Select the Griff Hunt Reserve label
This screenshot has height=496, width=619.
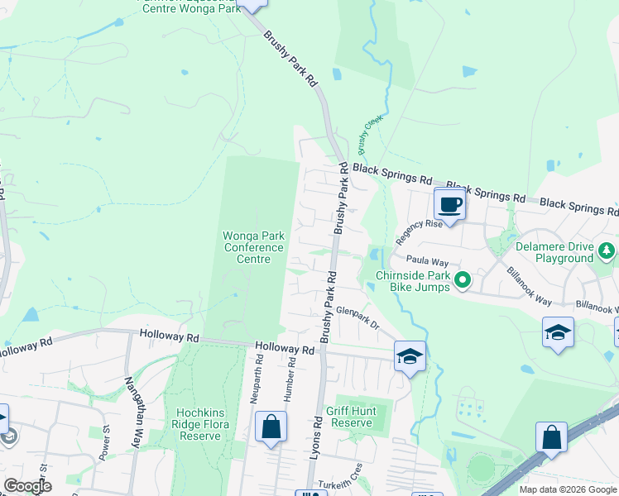pyautogui.click(x=351, y=417)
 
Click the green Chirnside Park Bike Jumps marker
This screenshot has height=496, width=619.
pyautogui.click(x=463, y=282)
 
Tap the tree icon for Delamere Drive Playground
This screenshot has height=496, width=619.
pyautogui.click(x=607, y=250)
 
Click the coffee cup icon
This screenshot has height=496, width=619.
pyautogui.click(x=450, y=204)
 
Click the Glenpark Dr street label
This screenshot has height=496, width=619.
pyautogui.click(x=357, y=317)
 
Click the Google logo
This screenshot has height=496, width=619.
pyautogui.click(x=28, y=486)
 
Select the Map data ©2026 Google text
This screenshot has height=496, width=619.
pyautogui.click(x=567, y=489)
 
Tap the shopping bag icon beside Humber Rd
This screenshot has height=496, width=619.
pyautogui.click(x=271, y=427)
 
